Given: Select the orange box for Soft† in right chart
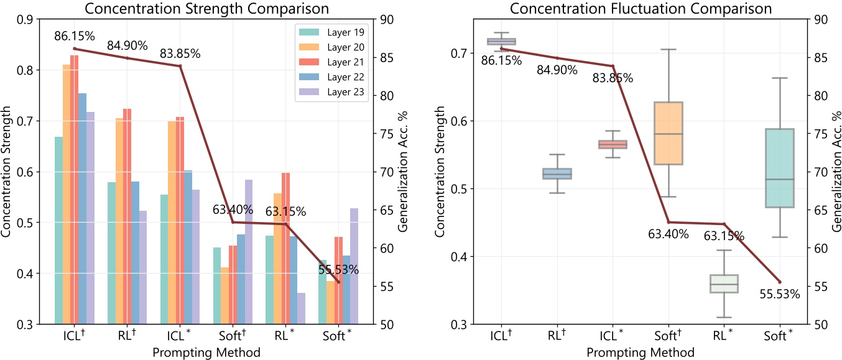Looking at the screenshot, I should tap(669, 133).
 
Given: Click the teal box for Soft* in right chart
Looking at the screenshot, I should tap(780, 168).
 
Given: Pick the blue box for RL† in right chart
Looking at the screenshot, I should tap(557, 173).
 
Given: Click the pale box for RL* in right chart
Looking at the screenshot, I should tap(724, 284).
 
